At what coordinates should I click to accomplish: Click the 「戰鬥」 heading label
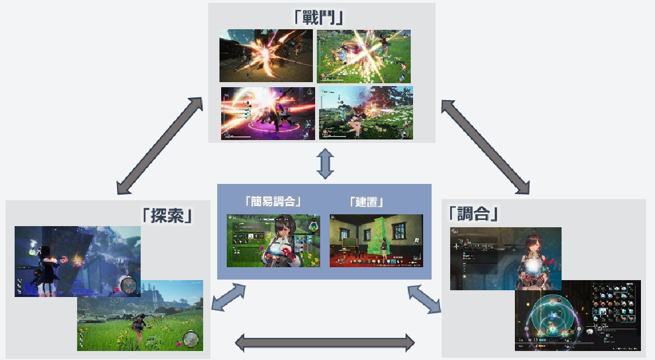319,17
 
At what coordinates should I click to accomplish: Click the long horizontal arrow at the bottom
324,341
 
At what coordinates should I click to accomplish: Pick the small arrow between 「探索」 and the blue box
229,297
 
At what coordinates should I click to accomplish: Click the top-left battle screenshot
266,56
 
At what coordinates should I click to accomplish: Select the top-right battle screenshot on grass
364,56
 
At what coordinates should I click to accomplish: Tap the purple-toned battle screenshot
267,112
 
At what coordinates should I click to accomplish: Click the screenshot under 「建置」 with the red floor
376,240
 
